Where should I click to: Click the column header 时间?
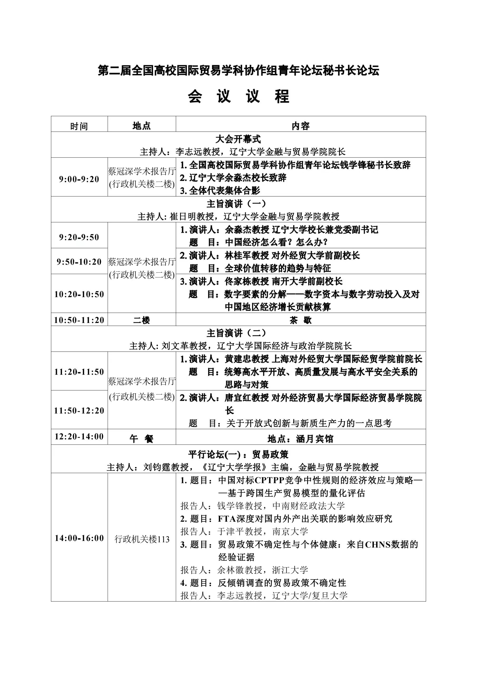click(x=79, y=126)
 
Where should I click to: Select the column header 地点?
click(x=142, y=126)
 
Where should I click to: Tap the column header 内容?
click(x=301, y=126)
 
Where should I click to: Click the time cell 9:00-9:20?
click(x=79, y=179)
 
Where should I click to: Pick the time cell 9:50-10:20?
click(x=79, y=262)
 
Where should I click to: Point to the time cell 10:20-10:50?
click(x=79, y=294)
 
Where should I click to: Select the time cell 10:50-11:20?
click(x=79, y=320)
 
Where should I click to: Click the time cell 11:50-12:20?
click(x=79, y=410)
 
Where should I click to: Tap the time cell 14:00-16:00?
click(x=79, y=538)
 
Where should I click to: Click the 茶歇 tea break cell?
click(x=301, y=320)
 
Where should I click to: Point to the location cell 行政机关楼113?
click(x=142, y=539)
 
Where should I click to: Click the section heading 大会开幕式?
click(x=238, y=139)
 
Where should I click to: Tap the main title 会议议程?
click(x=238, y=96)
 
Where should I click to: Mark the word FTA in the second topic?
click(x=227, y=519)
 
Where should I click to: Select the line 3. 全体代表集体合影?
click(x=220, y=191)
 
